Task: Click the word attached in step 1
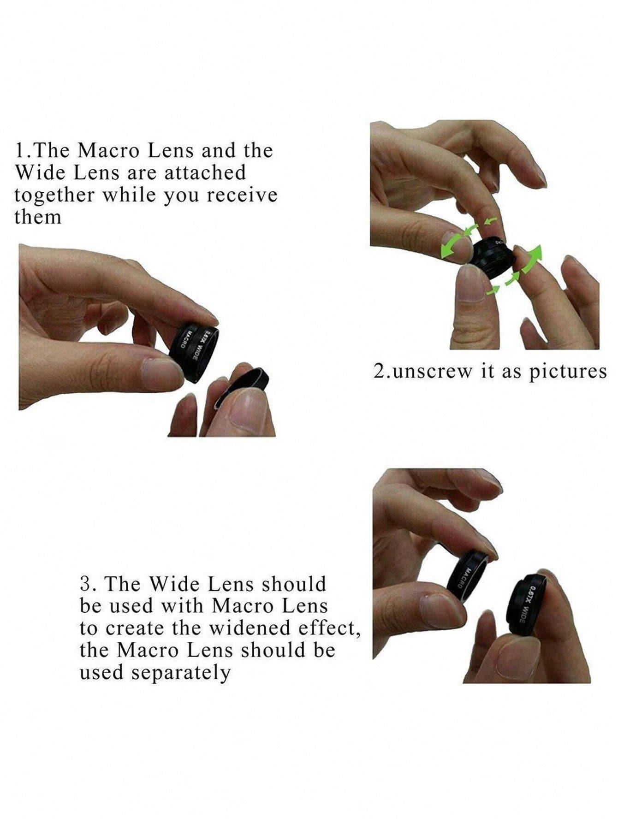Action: pyautogui.click(x=205, y=172)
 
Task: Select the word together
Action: pyautogui.click(x=53, y=195)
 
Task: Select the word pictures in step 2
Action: pyautogui.click(x=568, y=372)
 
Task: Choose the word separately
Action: pyautogui.click(x=180, y=672)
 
